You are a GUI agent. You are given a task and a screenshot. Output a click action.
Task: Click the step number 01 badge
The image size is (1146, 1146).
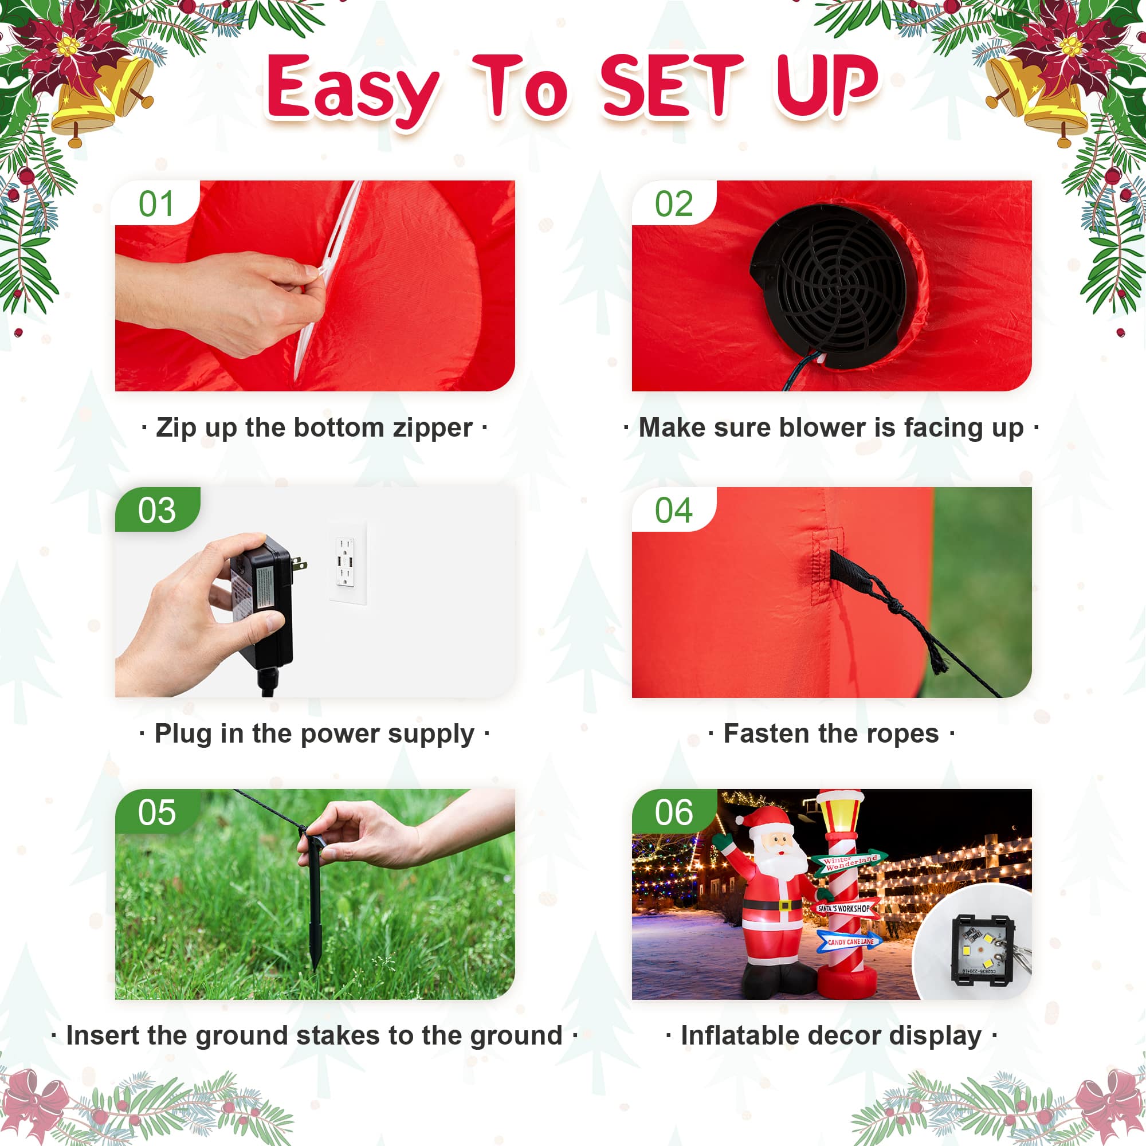156,204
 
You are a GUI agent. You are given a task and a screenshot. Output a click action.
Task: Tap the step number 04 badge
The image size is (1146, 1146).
673,511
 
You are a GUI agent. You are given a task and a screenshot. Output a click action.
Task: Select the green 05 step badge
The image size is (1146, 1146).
156,813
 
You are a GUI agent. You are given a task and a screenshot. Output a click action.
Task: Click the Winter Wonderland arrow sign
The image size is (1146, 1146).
849,863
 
